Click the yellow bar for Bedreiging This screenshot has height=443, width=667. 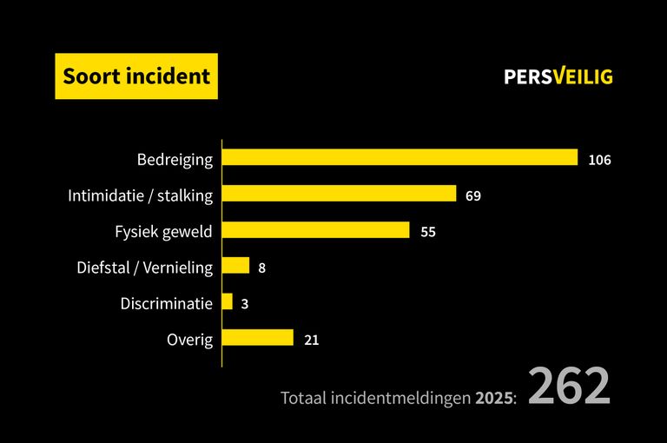tap(400, 157)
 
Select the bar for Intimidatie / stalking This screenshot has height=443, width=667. tap(339, 194)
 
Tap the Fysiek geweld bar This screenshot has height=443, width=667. tap(315, 230)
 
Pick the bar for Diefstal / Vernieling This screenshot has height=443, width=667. tap(236, 266)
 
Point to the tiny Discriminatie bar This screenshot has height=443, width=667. tap(228, 301)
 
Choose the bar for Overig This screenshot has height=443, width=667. tap(258, 338)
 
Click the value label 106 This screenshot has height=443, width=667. tap(599, 160)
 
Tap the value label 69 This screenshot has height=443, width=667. tap(472, 195)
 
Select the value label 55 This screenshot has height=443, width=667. tap(427, 232)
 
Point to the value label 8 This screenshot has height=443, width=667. tap(261, 268)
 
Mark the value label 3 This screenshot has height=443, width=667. tap(245, 304)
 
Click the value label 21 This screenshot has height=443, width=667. tap(312, 340)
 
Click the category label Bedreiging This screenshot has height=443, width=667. tap(175, 160)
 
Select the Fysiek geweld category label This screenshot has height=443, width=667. tap(163, 232)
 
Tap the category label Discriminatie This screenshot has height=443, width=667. tap(166, 304)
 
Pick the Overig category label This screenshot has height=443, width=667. tap(189, 340)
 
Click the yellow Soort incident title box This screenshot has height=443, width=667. tap(136, 76)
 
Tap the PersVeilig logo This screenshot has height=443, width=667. tap(558, 76)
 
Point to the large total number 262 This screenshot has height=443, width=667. tap(569, 387)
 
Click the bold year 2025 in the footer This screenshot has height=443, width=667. tap(493, 398)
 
